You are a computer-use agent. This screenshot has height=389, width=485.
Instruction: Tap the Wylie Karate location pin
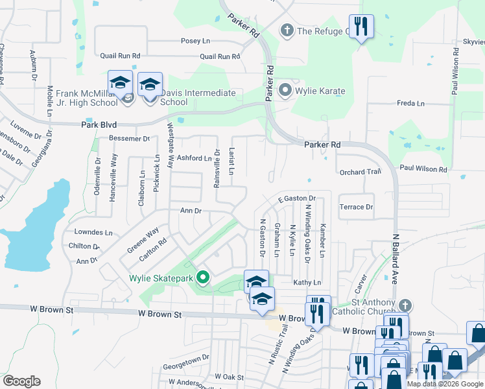tap(284, 91)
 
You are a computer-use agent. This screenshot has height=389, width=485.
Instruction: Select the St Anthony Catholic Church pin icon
tap(405, 305)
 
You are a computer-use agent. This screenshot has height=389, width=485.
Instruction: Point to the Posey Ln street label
tap(195, 41)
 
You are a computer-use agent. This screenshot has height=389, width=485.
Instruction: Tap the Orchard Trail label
tap(359, 172)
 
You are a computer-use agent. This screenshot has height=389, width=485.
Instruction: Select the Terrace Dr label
tap(356, 207)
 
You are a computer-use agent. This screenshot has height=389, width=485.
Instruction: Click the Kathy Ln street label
tap(307, 283)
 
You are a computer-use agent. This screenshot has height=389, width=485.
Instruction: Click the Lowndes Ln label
tap(93, 231)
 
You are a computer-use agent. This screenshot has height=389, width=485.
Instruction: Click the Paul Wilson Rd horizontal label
tap(423, 169)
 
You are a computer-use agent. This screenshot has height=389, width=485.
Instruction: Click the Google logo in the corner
tap(21, 381)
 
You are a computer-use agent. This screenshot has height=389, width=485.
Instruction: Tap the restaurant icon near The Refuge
tap(361, 26)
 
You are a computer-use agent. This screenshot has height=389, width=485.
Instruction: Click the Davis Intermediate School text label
tap(198, 97)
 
